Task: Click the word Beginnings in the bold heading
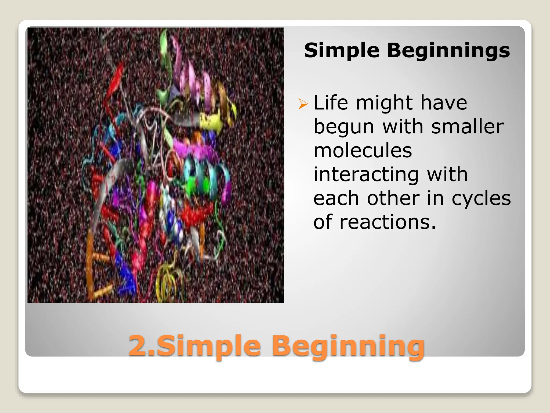coord(448,51)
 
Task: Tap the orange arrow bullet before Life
coord(303,104)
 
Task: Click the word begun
coord(344,127)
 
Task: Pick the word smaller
coord(467,126)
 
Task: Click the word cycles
coord(481,198)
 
